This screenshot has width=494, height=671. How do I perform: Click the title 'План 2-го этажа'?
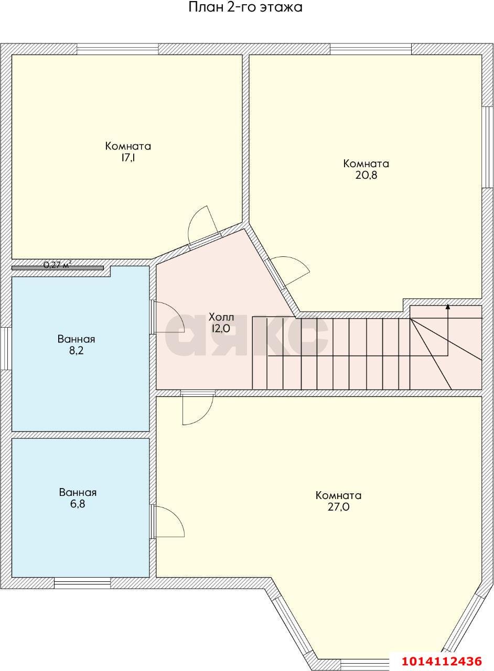pos(245,7)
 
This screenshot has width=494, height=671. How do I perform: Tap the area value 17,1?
pos(128,158)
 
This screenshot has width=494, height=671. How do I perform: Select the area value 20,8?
pos(366,175)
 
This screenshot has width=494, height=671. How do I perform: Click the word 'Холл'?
pos(221,317)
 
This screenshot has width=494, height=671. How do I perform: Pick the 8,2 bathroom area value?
pos(76,351)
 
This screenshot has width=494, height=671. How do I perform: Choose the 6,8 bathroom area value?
pos(78,504)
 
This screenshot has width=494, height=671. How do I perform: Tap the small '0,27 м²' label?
pos(58,265)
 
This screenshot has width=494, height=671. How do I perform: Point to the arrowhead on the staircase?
pos(448,306)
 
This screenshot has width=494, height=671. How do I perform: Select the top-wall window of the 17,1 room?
pos(117,49)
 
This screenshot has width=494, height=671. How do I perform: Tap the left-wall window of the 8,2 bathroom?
pos(6,349)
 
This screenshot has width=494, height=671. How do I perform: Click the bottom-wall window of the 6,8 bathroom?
pos(82,583)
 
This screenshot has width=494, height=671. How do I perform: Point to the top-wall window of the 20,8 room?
pos(370,49)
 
